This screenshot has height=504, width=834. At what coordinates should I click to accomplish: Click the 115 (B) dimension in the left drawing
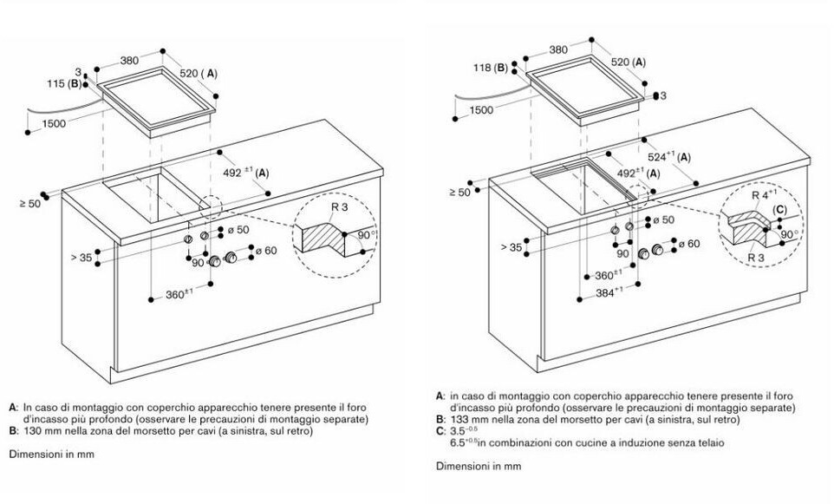(63, 83)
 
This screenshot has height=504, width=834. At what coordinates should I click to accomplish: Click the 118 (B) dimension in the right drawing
(491, 68)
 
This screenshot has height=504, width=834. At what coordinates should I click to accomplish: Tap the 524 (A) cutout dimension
(669, 157)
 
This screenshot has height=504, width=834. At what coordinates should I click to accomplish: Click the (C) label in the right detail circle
(779, 209)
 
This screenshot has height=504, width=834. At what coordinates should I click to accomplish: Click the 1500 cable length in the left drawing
(55, 123)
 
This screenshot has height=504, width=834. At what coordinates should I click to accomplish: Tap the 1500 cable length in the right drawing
(482, 109)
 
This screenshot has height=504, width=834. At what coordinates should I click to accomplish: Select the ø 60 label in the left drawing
(266, 250)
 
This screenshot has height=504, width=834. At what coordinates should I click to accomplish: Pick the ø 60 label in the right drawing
(689, 243)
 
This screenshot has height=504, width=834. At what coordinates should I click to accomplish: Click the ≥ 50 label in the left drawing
(30, 203)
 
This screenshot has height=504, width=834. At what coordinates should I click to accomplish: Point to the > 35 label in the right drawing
(511, 247)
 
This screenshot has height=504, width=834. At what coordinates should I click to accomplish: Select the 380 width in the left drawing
(128, 61)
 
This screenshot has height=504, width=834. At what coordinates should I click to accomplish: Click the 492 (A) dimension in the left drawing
(245, 173)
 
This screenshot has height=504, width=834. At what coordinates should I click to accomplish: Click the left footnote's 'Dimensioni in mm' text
(51, 454)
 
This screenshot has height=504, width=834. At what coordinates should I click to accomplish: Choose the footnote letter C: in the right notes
(440, 431)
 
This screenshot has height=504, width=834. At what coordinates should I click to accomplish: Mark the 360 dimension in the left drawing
(179, 294)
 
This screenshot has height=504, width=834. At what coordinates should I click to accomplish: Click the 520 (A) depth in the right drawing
(629, 62)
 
